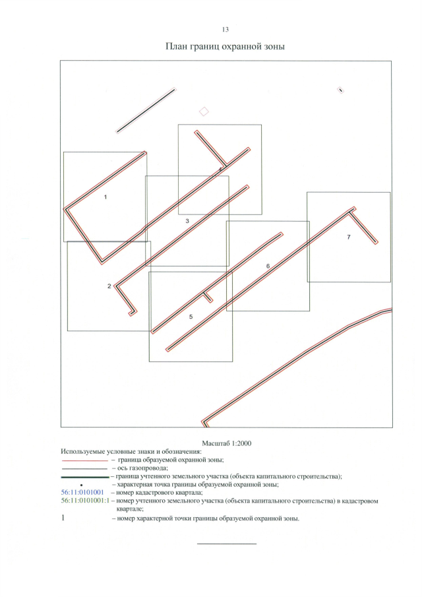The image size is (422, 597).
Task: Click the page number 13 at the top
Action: tap(225, 30)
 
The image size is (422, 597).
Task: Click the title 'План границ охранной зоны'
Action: tap(225, 47)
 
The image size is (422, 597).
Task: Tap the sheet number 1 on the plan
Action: tap(105, 197)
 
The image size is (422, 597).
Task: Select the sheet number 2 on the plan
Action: tap(109, 286)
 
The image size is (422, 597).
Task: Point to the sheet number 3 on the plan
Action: tap(187, 221)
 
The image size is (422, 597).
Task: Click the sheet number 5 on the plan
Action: tap(191, 317)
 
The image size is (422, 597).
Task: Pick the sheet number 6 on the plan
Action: tap(268, 266)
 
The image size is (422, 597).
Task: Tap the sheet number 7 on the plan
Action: tap(349, 237)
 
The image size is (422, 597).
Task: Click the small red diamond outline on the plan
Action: tap(204, 111)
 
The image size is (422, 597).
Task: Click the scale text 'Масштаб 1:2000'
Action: tap(226, 443)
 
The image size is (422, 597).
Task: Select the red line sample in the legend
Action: tap(84, 460)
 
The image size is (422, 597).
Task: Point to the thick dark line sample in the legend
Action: tap(85, 477)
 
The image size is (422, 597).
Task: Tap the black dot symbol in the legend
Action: tap(82, 485)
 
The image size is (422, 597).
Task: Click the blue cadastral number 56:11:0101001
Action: tap(82, 492)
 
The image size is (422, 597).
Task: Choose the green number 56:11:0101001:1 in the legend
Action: tap(85, 501)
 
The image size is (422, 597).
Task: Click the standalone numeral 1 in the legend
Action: tap(63, 518)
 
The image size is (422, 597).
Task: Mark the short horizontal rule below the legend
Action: tap(227, 544)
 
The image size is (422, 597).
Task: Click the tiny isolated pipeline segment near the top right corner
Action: tap(341, 90)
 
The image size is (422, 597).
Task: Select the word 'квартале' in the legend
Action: tap(130, 509)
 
